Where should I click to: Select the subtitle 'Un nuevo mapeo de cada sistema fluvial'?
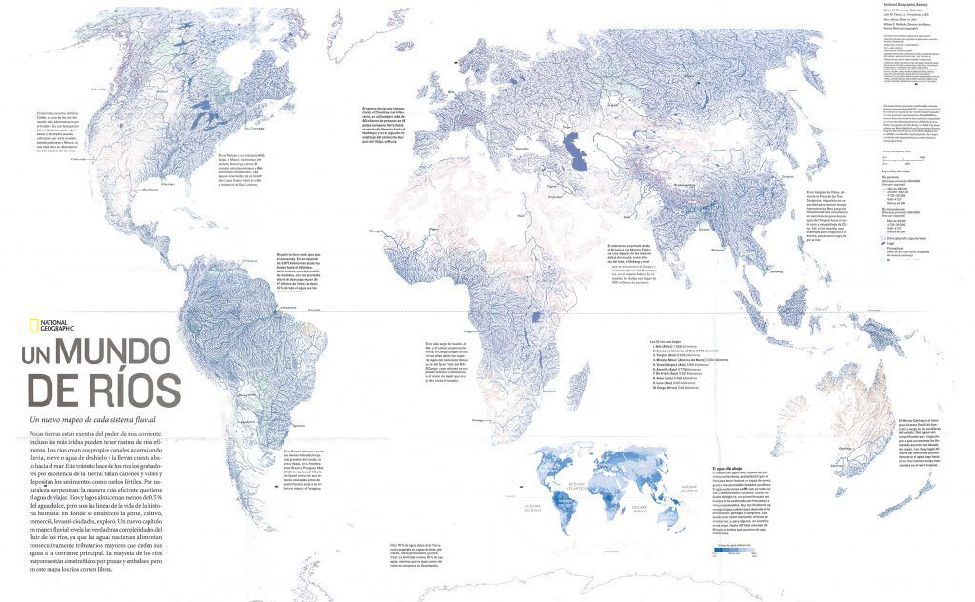pyautogui.click(x=93, y=419)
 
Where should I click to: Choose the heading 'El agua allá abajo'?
pyautogui.click(x=727, y=469)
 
